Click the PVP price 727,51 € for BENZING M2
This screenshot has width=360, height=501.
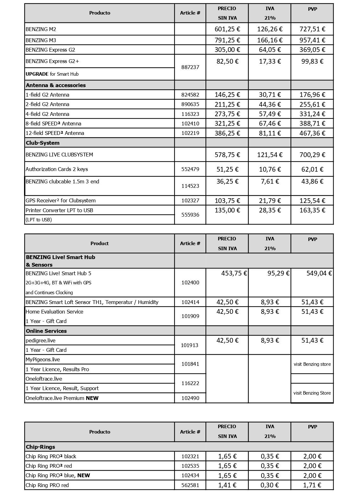(x=312, y=29)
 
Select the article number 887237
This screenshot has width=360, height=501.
(x=190, y=67)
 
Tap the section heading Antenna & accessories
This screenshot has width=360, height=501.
(x=56, y=85)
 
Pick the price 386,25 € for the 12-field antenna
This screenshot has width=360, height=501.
(x=227, y=133)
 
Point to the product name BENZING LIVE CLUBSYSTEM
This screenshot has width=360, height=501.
(x=59, y=155)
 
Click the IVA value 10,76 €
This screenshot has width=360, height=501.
(x=270, y=169)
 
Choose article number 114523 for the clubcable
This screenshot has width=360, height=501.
(x=190, y=186)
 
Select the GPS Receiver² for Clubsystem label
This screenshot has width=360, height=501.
(x=60, y=200)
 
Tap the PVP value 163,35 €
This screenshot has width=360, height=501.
(x=312, y=210)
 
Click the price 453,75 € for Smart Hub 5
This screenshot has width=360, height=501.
(x=234, y=273)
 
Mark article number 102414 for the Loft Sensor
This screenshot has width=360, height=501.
(x=190, y=302)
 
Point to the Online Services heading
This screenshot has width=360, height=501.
(x=46, y=331)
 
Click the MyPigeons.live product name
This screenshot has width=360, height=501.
(x=43, y=359)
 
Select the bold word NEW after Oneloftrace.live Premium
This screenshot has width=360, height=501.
(x=92, y=398)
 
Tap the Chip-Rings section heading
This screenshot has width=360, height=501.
(x=40, y=447)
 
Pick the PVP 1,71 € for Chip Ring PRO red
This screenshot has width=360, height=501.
(x=312, y=485)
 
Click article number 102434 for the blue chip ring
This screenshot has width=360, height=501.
(x=190, y=475)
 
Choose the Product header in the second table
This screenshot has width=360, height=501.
(x=99, y=243)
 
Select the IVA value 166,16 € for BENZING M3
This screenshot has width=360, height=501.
(x=270, y=40)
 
